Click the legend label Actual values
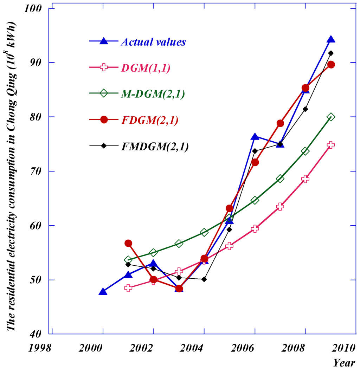(153, 42)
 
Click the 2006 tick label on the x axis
(242, 348)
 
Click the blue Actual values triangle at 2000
(103, 292)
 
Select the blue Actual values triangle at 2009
(330, 39)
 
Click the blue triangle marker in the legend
(104, 41)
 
